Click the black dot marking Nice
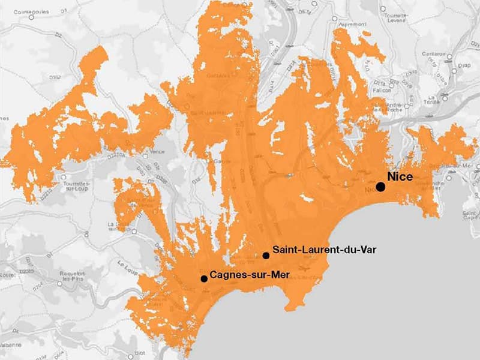(380, 187)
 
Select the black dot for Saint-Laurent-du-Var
(266, 256)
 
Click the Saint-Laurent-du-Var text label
(324, 249)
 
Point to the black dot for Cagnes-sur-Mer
(204, 278)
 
